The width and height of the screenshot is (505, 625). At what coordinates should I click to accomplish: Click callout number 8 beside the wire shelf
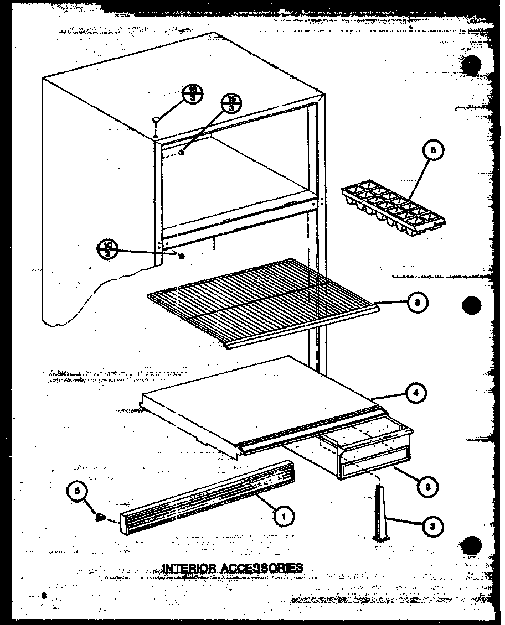418,303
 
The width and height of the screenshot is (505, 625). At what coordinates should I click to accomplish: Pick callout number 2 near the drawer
427,486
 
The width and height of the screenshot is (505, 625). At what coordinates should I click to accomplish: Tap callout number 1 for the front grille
285,517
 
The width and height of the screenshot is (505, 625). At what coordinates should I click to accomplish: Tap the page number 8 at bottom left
44,595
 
